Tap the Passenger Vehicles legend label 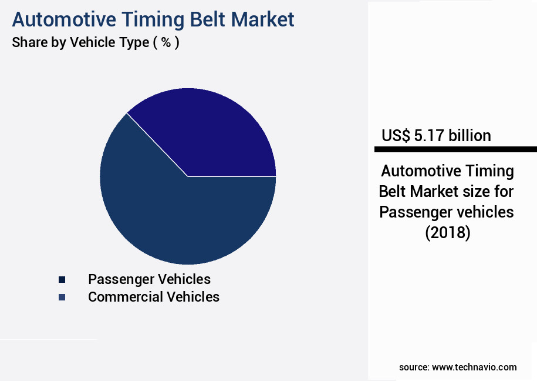pyautogui.click(x=149, y=279)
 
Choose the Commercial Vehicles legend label pyautogui.click(x=154, y=297)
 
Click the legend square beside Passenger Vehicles pyautogui.click(x=62, y=279)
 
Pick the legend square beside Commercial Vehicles pyautogui.click(x=62, y=298)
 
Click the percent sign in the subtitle pyautogui.click(x=166, y=43)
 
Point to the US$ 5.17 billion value pyautogui.click(x=436, y=136)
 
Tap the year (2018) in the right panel pyautogui.click(x=448, y=233)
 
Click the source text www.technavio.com pyautogui.click(x=474, y=367)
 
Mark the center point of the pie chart pyautogui.click(x=188, y=176)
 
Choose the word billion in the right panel pyautogui.click(x=470, y=136)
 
